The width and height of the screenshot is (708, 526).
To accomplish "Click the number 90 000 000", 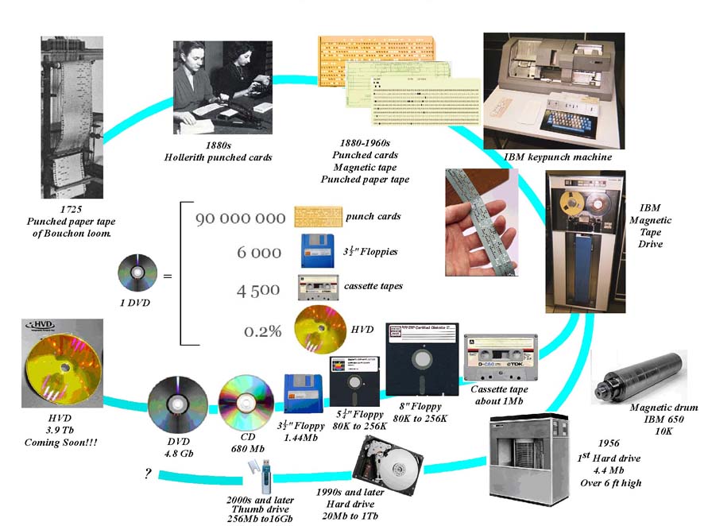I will click(240, 218).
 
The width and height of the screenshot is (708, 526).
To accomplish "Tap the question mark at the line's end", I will click(148, 474).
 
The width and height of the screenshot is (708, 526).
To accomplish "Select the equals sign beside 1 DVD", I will click(167, 277).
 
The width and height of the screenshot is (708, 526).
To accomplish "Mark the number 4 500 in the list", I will click(258, 291).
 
